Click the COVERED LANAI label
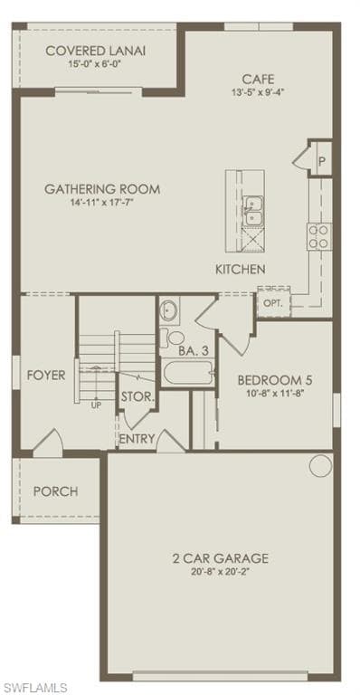(x=96, y=51)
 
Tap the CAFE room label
(x=258, y=80)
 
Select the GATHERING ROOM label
(x=102, y=189)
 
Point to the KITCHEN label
(x=241, y=269)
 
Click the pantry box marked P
(x=320, y=159)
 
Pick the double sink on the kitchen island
(x=253, y=210)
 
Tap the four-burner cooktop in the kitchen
(x=319, y=237)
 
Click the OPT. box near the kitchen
(x=274, y=303)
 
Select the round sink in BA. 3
(x=169, y=310)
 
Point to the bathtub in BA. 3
(x=189, y=373)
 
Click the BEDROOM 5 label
(x=275, y=380)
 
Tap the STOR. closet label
(x=137, y=396)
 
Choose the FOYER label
(x=46, y=376)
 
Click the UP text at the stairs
(x=96, y=405)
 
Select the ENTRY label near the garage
(x=137, y=439)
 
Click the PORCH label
(x=56, y=491)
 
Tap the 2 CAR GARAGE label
(x=220, y=557)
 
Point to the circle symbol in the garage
(x=320, y=466)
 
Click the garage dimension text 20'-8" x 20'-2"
(x=220, y=570)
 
